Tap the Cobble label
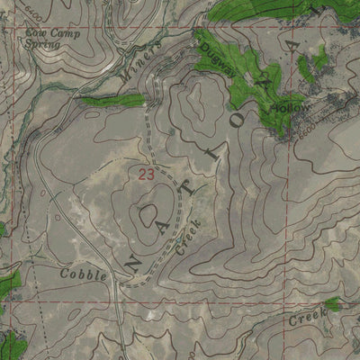[84, 273]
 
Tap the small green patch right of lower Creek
[331, 305]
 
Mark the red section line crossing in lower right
[289, 302]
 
